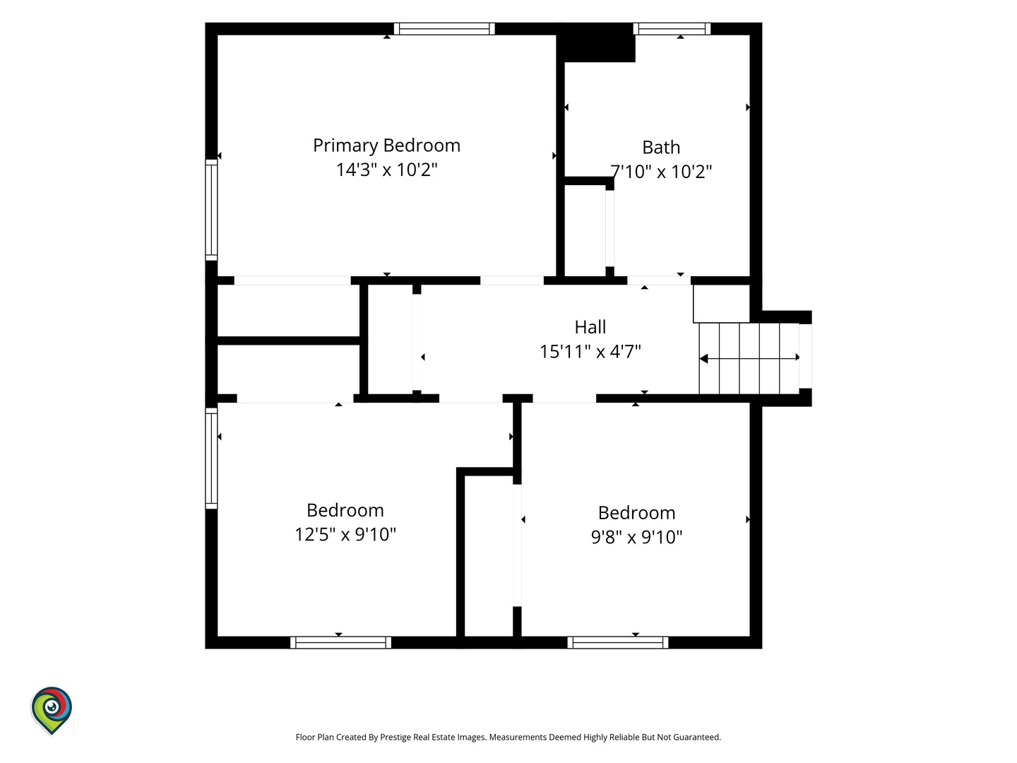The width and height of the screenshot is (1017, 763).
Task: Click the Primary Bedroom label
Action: coord(386,146)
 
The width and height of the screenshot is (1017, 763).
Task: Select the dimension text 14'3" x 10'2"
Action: coord(386,170)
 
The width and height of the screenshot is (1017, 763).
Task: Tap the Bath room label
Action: coord(661,148)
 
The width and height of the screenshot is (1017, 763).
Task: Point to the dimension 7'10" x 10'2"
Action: coord(661,172)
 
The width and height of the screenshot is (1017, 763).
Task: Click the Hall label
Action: coord(590,327)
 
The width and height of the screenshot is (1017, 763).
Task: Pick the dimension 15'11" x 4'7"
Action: coord(590,352)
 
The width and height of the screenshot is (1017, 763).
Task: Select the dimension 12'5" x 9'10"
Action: coord(345,534)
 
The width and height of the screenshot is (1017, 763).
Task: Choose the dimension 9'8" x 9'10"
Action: coord(636,537)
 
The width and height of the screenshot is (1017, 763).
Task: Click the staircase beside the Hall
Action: coord(749,359)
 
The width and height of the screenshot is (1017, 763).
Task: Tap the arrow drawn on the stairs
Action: coord(749,358)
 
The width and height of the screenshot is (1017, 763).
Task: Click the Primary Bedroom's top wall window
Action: coord(444,29)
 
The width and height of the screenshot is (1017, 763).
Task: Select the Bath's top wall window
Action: coord(672,29)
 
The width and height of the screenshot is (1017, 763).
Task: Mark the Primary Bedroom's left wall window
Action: coord(211,210)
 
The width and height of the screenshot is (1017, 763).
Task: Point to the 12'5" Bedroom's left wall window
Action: coord(211,459)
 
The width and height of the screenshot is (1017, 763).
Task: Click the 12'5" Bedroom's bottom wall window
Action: coord(340,643)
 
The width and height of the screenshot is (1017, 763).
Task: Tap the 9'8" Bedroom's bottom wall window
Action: coord(617,643)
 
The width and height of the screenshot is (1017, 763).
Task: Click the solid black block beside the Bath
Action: coord(596,42)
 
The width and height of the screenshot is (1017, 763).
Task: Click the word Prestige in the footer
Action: coord(395,737)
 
